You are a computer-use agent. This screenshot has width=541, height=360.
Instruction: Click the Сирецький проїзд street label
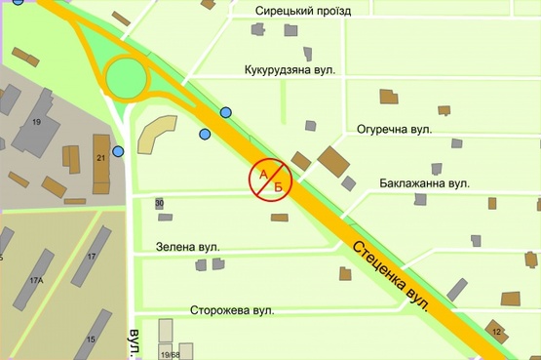(x=302, y=11)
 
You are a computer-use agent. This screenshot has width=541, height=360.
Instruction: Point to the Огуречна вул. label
(x=394, y=129)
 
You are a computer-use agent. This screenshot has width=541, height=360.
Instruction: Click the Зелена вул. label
(x=188, y=248)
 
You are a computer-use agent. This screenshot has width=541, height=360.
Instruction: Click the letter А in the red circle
(x=262, y=173)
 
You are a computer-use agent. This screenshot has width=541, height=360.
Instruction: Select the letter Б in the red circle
(x=278, y=185)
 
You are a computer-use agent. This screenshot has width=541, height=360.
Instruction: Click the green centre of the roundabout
(x=127, y=77)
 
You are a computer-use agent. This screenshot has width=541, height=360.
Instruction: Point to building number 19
(x=36, y=121)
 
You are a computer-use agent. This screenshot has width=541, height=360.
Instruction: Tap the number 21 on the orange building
(x=100, y=156)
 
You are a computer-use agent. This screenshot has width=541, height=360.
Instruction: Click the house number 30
(x=159, y=203)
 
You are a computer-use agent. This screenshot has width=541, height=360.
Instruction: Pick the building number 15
(x=92, y=340)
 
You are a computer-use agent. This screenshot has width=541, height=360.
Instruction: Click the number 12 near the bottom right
(x=496, y=333)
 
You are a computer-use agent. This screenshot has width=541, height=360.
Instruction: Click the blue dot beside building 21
(x=119, y=151)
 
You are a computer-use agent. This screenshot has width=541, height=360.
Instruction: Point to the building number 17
(x=91, y=257)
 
